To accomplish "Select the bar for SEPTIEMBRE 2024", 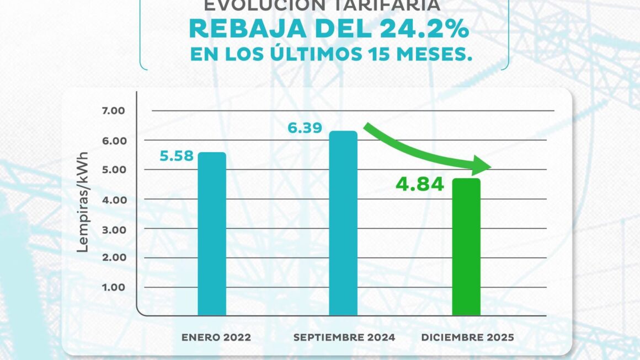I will pyautogui.click(x=343, y=223).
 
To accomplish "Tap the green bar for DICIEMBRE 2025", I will pyautogui.click(x=466, y=247).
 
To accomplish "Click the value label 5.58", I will pyautogui.click(x=177, y=156).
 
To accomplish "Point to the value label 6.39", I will pyautogui.click(x=305, y=128).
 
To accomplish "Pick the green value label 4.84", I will pyautogui.click(x=419, y=184).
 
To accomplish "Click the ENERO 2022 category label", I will pyautogui.click(x=216, y=337).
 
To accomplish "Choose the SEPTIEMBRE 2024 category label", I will pyautogui.click(x=344, y=337).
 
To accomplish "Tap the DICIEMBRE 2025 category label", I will pyautogui.click(x=467, y=337).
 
